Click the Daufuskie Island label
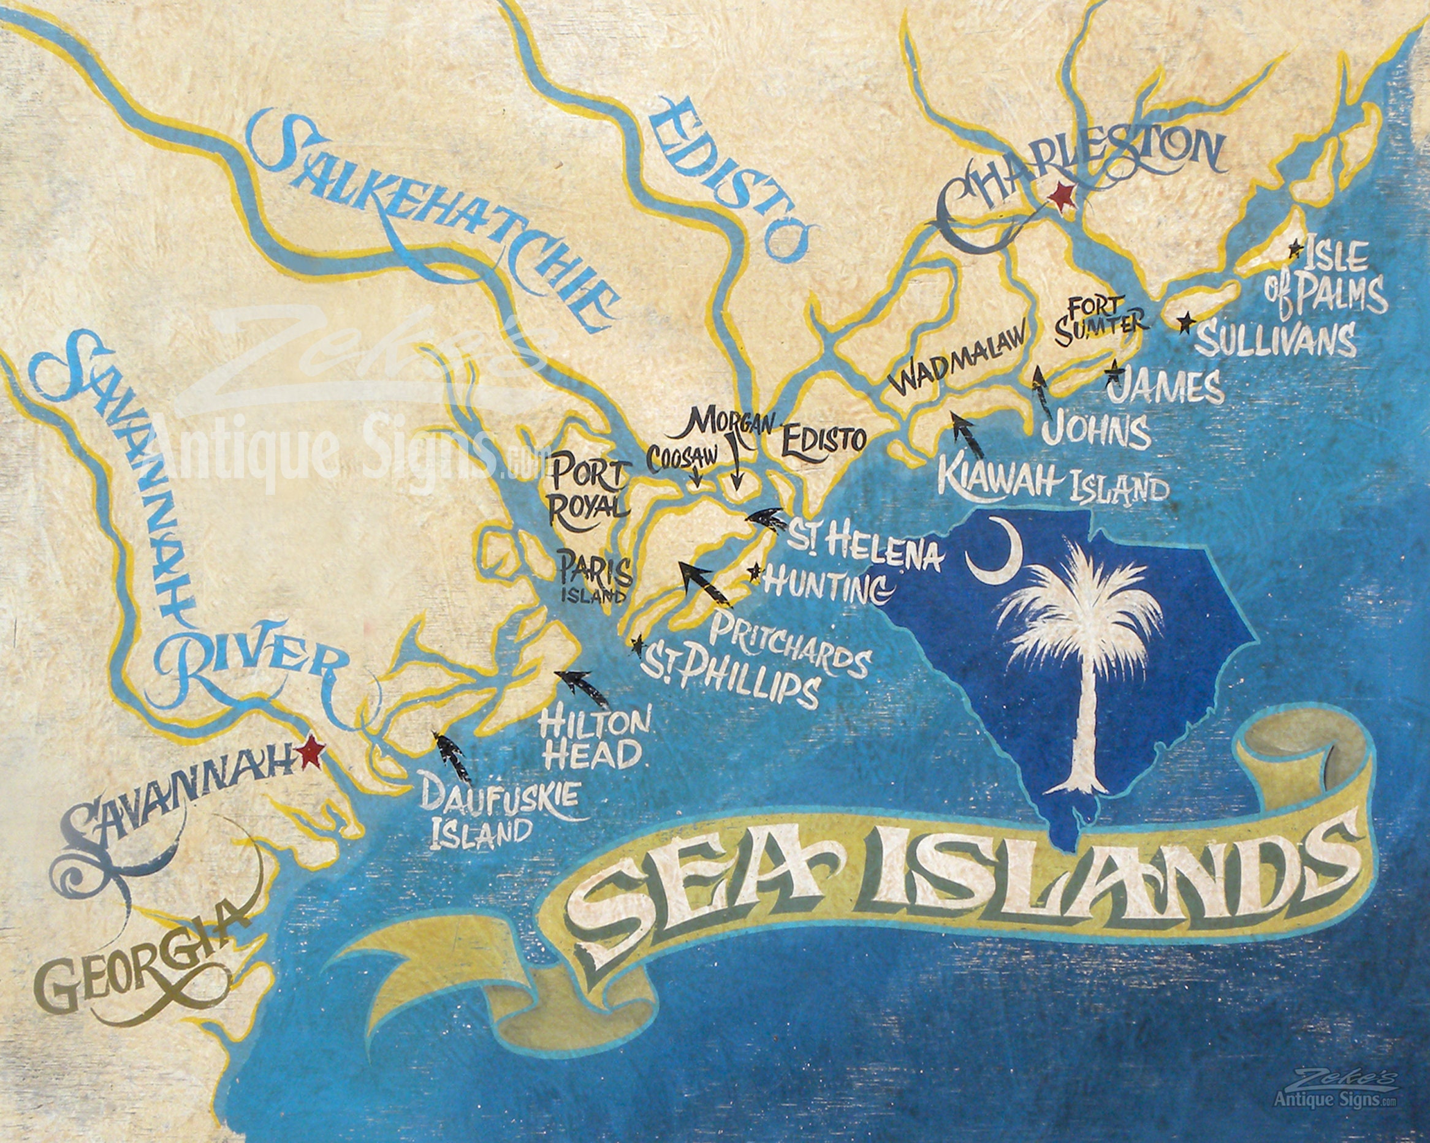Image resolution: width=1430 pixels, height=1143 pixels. (492, 815)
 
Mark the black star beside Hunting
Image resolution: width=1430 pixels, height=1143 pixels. (754, 571)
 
